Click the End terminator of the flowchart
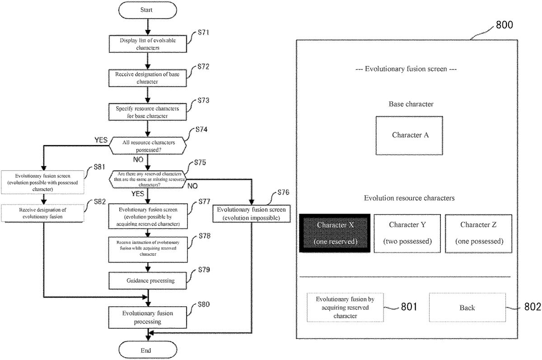[147, 350]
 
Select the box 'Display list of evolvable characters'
[148, 44]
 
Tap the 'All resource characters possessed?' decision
[147, 145]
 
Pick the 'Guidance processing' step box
[148, 281]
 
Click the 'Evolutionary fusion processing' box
[148, 317]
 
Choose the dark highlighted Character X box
[335, 233]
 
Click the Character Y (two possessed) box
[407, 233]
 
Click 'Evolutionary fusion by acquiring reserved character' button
[345, 308]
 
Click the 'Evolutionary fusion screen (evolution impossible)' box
[251, 214]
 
